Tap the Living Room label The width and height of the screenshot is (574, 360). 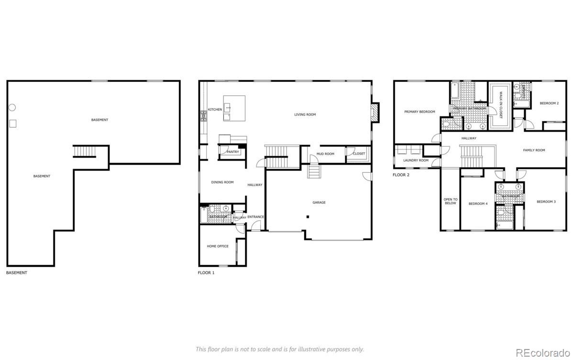[x=305, y=114]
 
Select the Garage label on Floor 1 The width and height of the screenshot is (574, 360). [x=319, y=202]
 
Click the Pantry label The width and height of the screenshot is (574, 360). [x=233, y=152]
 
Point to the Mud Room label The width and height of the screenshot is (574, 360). [x=325, y=154]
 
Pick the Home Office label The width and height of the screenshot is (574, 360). [x=218, y=246]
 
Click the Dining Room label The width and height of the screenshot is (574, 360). [x=222, y=182]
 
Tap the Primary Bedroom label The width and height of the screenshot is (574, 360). [x=419, y=112]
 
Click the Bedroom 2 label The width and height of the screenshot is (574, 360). [x=549, y=103]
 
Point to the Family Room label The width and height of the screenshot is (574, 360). [x=534, y=150]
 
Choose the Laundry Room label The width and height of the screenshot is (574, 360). [x=416, y=160]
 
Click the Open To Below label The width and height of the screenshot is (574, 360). [x=450, y=201]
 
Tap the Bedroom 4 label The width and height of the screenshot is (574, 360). [x=478, y=203]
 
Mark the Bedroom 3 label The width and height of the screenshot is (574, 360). [x=546, y=202]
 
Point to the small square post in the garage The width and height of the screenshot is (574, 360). [x=308, y=217]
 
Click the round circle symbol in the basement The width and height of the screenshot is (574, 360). [x=12, y=107]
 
